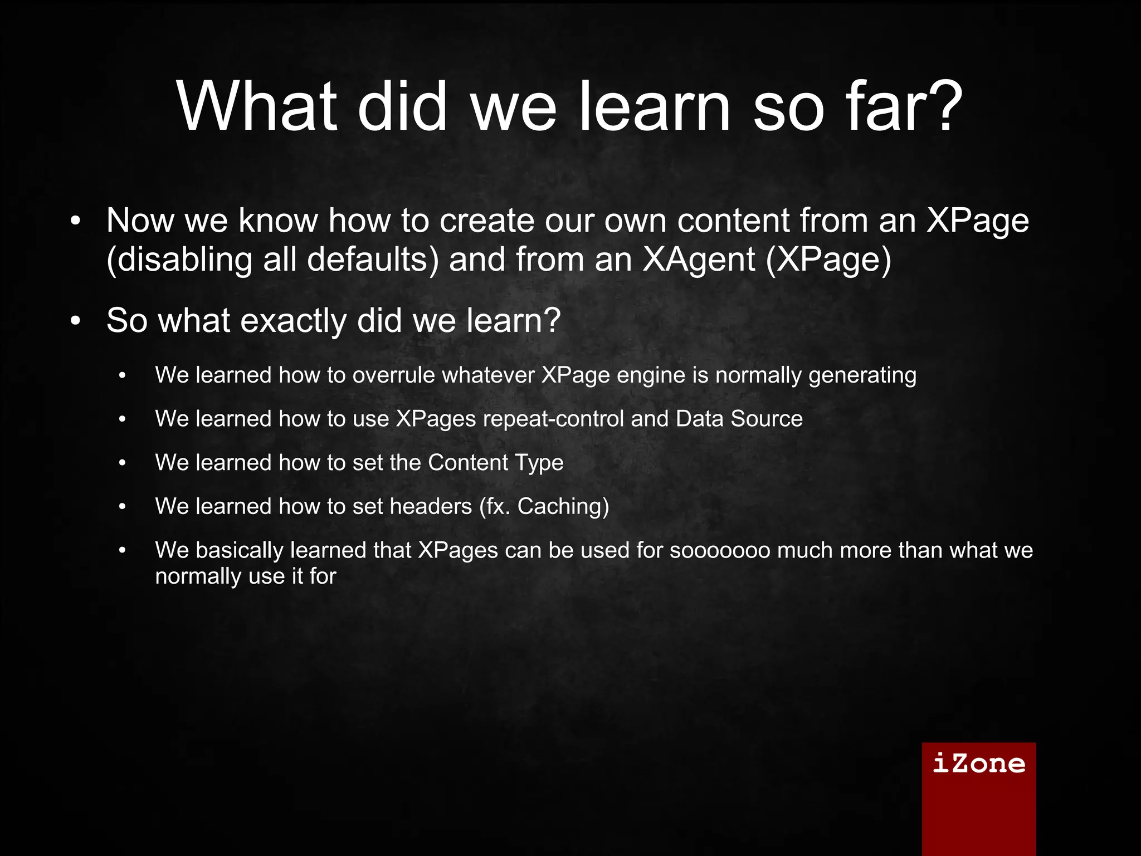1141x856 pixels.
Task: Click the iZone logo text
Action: click(x=979, y=763)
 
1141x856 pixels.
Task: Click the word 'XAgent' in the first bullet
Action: click(x=699, y=260)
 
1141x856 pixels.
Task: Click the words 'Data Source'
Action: click(x=739, y=419)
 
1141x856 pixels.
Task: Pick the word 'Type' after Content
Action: click(x=539, y=463)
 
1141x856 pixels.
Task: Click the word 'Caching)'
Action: click(x=563, y=506)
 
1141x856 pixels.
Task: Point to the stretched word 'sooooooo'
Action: click(x=720, y=550)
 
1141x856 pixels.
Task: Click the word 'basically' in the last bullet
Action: click(x=240, y=550)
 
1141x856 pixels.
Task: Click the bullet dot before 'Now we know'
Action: click(x=76, y=221)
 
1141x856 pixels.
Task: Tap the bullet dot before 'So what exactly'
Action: click(x=76, y=321)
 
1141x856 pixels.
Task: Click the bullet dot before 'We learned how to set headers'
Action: click(x=123, y=507)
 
